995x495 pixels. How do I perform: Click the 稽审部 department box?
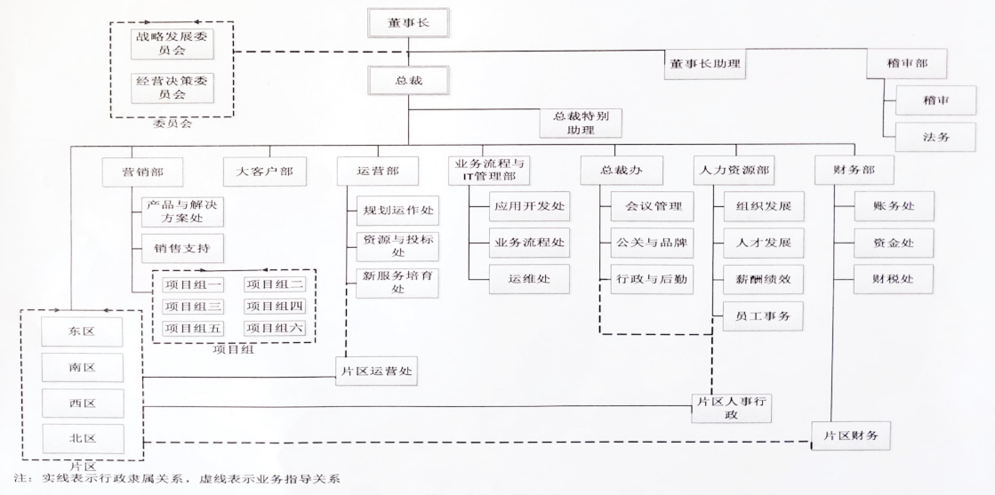click(x=906, y=64)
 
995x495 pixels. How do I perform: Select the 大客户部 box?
click(x=264, y=171)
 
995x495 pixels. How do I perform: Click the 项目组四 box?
click(x=275, y=307)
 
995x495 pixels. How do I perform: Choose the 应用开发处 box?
click(x=528, y=207)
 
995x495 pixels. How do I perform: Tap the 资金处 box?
click(x=894, y=242)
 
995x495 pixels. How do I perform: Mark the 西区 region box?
click(x=81, y=403)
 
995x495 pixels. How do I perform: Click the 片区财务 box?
click(x=850, y=435)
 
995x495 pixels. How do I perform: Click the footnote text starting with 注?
click(x=178, y=479)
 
